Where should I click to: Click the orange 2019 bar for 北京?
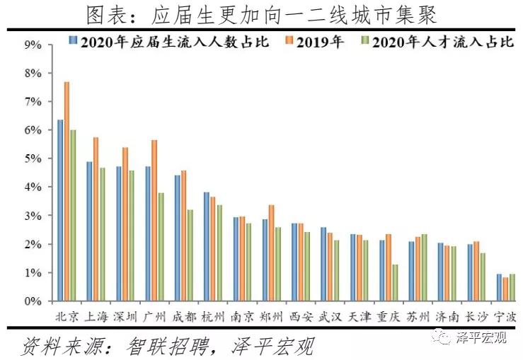point(67,192)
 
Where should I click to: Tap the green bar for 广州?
point(161,247)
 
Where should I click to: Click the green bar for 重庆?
point(394,283)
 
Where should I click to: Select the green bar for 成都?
point(190,255)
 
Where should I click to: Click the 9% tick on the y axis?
point(33,45)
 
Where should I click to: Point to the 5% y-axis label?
point(33,158)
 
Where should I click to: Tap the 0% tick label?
point(33,301)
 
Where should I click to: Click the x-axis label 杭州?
point(213,316)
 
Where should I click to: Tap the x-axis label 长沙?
point(476,316)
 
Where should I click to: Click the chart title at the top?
point(261,13)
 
